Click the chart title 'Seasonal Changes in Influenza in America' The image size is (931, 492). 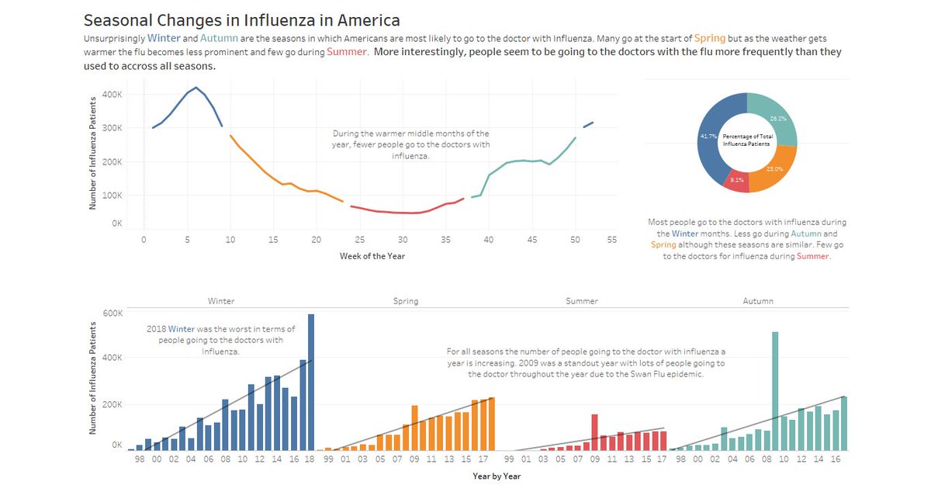coord(242,20)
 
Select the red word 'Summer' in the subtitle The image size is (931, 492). coord(346,52)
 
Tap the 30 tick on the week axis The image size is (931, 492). coord(403,241)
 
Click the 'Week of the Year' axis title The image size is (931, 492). coord(372,256)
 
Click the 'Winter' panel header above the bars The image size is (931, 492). coord(221,301)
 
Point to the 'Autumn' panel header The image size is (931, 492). coord(757,301)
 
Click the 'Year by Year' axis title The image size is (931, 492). coord(497,476)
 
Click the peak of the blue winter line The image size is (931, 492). coord(196,87)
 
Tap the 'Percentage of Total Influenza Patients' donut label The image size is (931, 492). coord(746,140)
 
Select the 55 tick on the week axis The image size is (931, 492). coord(611,241)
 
